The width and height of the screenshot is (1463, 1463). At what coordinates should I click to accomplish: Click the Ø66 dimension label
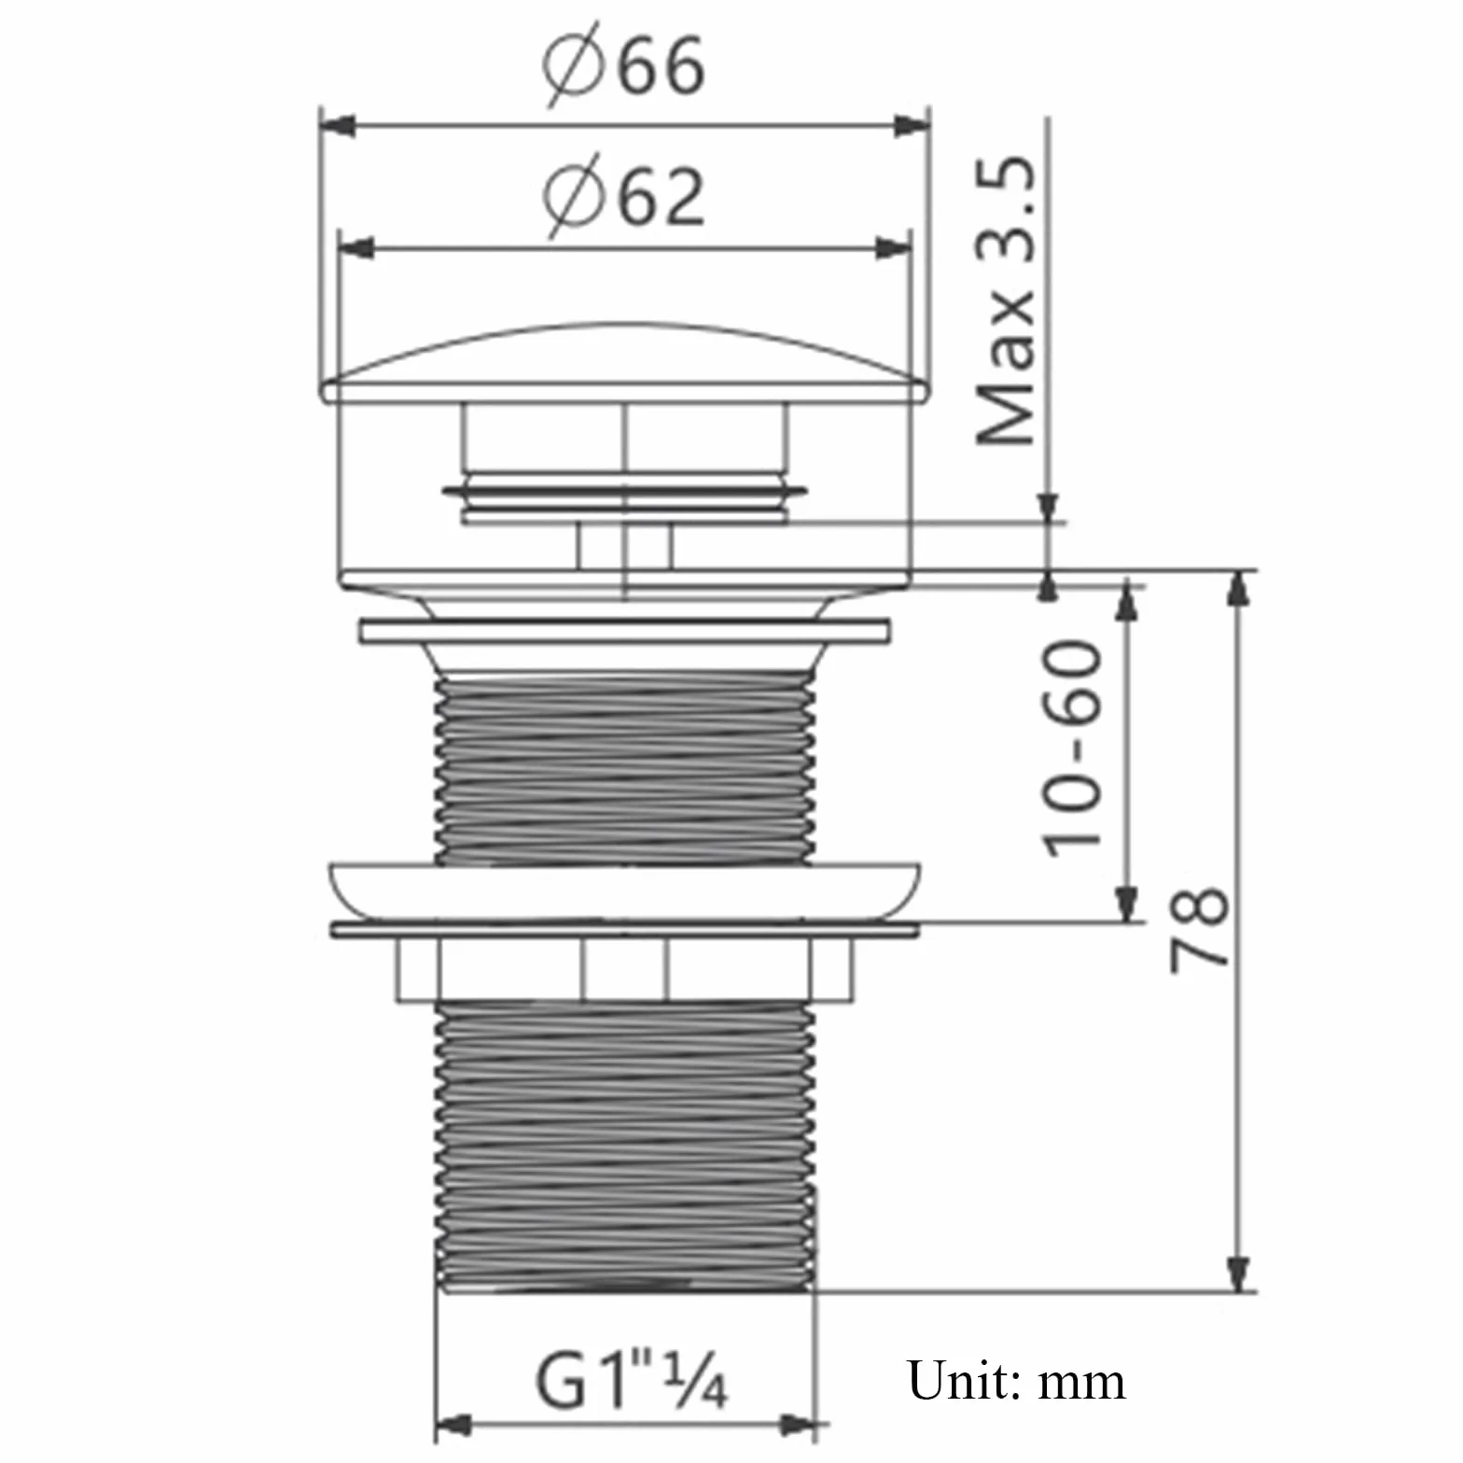point(623,65)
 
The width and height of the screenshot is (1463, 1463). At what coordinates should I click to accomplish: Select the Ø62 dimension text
point(623,195)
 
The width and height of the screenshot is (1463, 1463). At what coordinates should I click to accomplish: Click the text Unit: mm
point(1016,1380)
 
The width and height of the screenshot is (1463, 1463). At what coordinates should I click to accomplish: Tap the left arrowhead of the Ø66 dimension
point(338,125)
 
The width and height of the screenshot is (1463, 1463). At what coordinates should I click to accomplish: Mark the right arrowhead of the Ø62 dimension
point(891,249)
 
